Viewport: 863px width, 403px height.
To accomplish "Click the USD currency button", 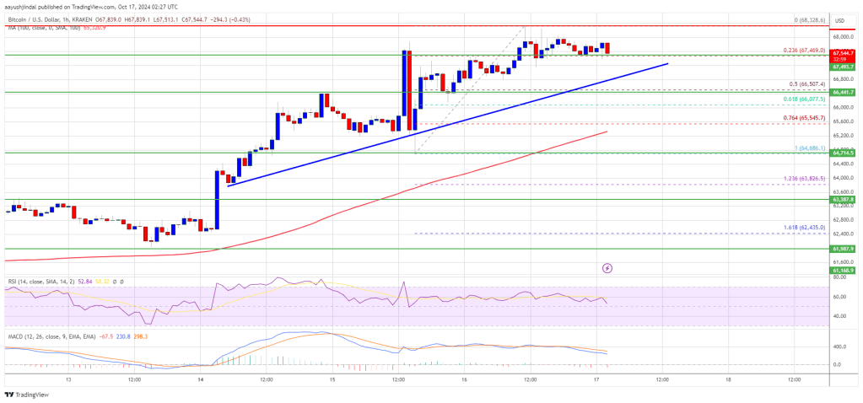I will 840,19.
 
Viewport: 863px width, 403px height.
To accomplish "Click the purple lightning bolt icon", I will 607,268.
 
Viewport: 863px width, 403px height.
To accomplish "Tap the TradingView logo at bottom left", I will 28,393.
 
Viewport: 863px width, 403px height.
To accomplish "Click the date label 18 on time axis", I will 728,379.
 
